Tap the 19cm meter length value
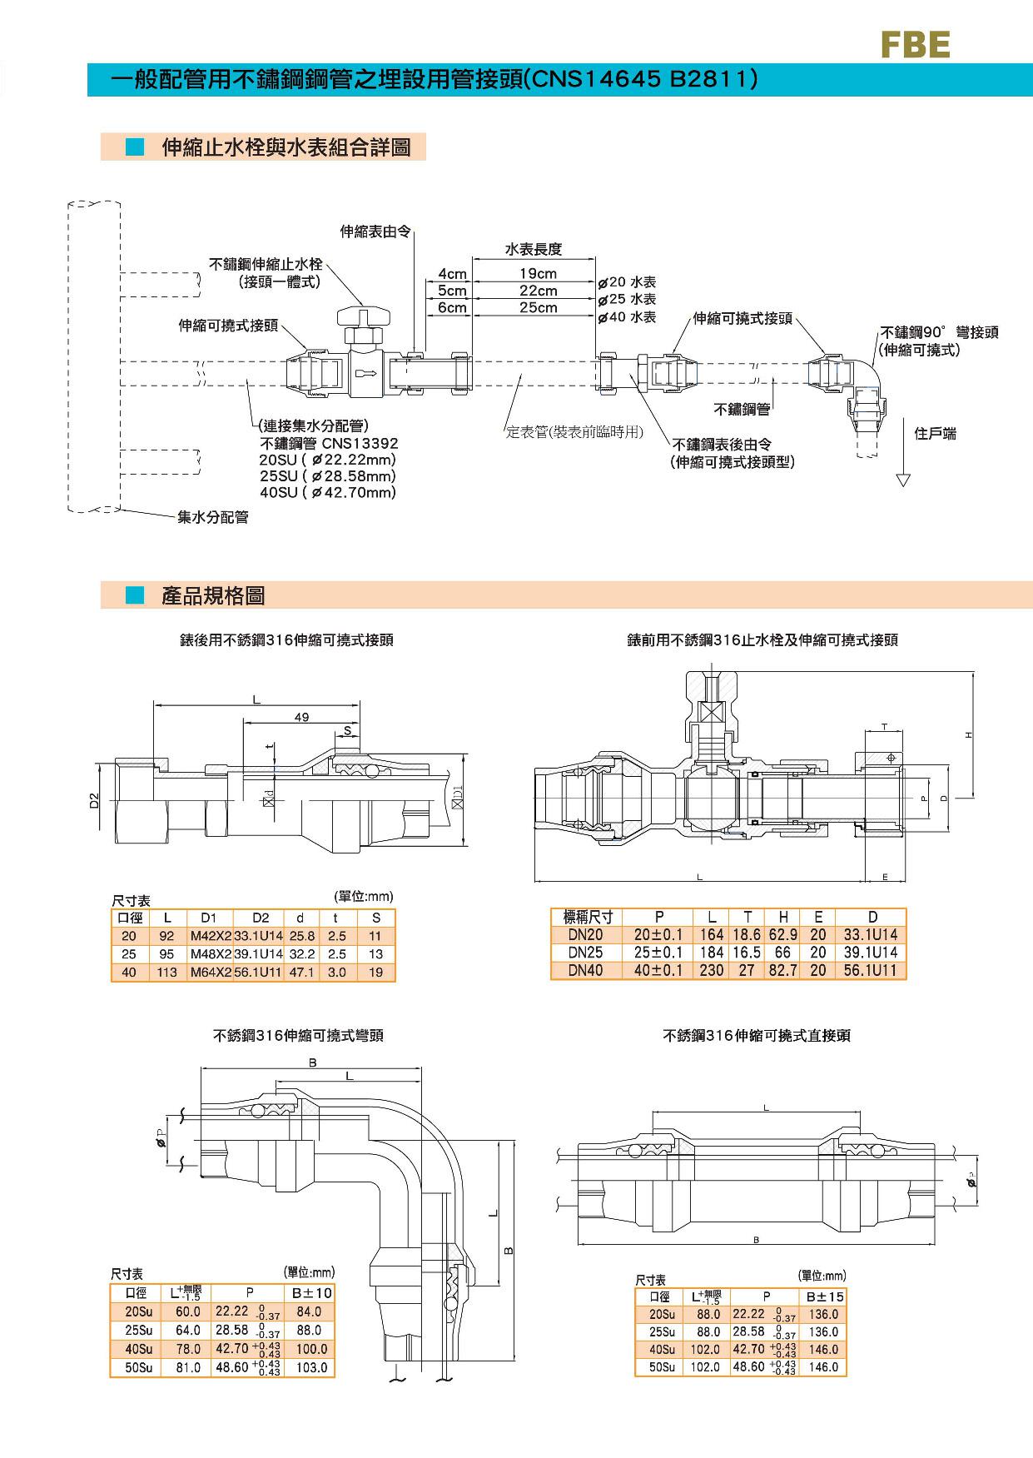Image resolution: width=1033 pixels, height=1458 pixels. [539, 274]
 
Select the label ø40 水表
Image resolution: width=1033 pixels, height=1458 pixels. [628, 316]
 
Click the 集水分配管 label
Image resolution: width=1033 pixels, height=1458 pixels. [213, 517]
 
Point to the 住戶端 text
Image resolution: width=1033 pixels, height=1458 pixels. [935, 433]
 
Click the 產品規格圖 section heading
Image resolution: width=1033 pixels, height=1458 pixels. [213, 596]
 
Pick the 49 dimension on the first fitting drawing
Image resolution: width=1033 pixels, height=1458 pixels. [301, 717]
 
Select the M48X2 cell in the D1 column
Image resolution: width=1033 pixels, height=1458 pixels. [210, 954]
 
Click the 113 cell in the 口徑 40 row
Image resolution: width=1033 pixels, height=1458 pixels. [166, 973]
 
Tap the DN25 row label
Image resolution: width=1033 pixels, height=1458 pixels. [585, 953]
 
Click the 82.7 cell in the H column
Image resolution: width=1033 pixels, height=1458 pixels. [782, 970]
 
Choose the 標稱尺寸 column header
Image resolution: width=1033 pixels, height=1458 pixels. [588, 918]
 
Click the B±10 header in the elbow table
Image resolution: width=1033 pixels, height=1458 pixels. [311, 1293]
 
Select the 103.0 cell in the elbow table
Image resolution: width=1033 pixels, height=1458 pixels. [311, 1367]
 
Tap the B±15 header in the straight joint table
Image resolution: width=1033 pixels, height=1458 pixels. [824, 1296]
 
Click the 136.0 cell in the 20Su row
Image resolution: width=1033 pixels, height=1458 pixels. [823, 1314]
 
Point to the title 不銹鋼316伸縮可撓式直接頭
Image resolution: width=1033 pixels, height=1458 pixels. [756, 1036]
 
